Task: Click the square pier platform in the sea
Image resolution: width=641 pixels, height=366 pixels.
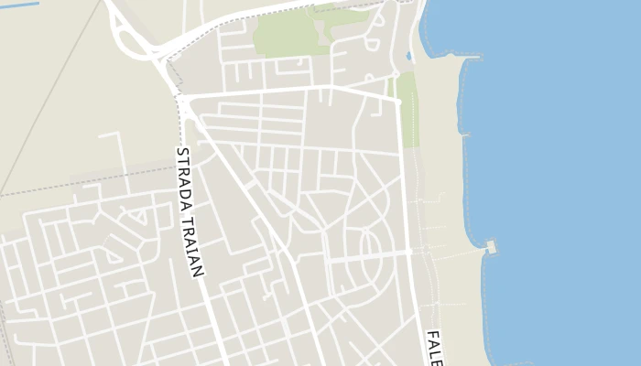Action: (x=493, y=246)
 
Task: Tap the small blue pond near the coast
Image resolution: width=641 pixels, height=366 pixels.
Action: (x=407, y=56)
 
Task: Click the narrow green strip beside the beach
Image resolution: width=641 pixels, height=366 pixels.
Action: (x=408, y=110)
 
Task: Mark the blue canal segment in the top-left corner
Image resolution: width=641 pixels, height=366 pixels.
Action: (x=20, y=5)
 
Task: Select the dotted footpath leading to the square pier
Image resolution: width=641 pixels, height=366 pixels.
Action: (x=453, y=249)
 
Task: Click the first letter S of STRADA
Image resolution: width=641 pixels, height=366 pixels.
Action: (x=180, y=152)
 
